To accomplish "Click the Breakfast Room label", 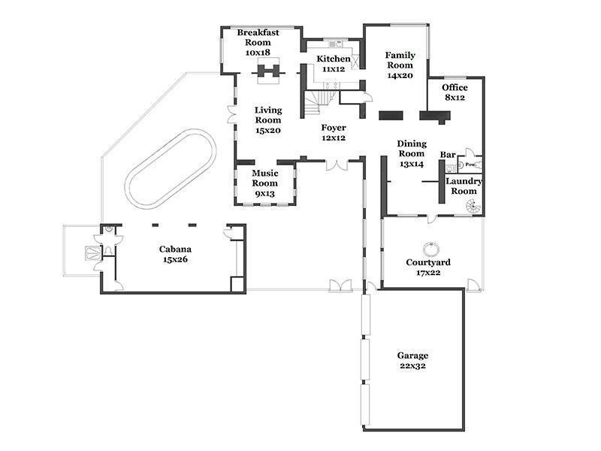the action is click(258, 43).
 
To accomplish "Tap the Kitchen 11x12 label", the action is click(334, 64).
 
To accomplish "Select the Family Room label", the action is click(400, 65).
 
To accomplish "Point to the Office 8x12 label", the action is click(455, 92).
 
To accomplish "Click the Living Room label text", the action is click(268, 120).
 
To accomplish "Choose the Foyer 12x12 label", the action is click(334, 133).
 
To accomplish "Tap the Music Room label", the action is click(265, 183).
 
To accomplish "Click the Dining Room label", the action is click(412, 154).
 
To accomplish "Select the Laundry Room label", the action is click(464, 186).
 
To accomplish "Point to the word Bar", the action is click(448, 155).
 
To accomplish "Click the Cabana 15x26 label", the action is click(175, 254).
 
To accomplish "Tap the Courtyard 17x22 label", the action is click(428, 268).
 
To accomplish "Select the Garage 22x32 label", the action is click(412, 361).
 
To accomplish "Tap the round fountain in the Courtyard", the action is click(431, 249).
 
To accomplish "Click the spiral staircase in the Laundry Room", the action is click(473, 208).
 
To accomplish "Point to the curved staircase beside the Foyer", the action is click(319, 103).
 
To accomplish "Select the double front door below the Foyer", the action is click(337, 165).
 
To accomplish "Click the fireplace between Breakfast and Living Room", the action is click(268, 71).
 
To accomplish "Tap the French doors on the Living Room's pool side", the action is click(231, 115).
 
